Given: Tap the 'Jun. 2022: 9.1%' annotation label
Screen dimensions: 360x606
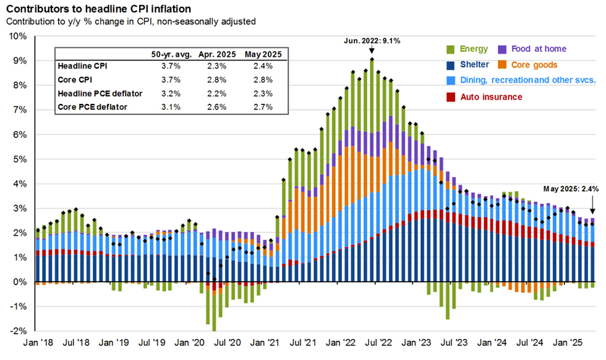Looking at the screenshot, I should (372, 41).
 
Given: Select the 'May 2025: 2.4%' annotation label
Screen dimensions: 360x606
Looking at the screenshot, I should (572, 189).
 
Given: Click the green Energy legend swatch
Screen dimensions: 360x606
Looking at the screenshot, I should (450, 49).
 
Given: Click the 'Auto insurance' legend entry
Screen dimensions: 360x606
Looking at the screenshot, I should (492, 97).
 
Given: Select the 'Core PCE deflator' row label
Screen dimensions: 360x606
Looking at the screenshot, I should (92, 106).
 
